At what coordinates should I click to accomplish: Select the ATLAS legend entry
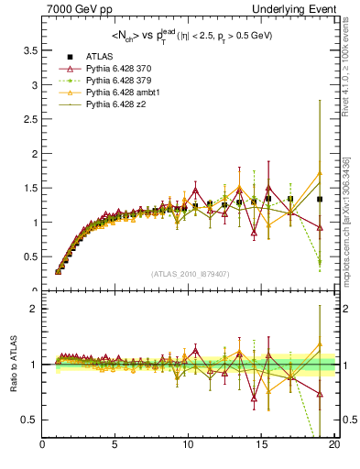(97, 56)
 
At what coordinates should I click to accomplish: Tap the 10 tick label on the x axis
(188, 446)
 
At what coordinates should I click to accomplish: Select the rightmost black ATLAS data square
(320, 199)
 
